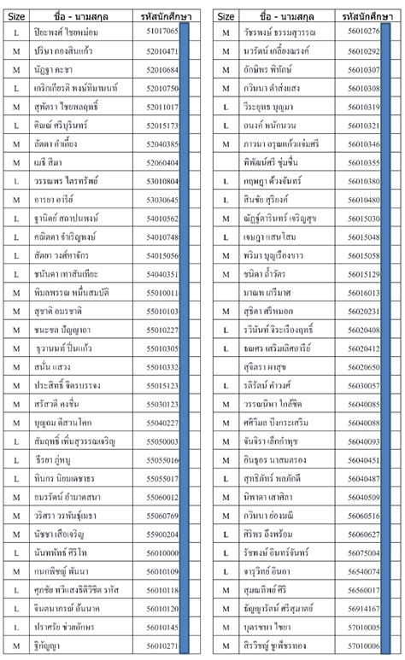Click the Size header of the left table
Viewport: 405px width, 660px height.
(18, 16)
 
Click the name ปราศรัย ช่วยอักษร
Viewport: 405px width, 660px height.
(77, 628)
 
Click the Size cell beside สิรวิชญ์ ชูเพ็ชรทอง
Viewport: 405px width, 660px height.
(225, 646)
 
